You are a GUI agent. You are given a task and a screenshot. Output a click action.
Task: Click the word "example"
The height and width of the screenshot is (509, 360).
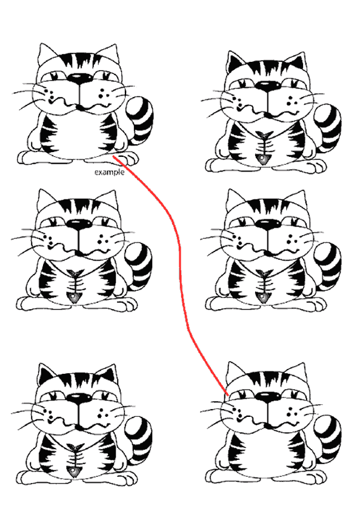pyautogui.click(x=110, y=172)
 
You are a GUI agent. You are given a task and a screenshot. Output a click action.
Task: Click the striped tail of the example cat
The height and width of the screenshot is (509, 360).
pyautogui.click(x=139, y=120)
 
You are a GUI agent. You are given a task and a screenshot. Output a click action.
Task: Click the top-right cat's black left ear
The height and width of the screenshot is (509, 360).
pyautogui.click(x=235, y=62)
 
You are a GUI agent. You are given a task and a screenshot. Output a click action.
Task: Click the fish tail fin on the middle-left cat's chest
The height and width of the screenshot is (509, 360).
pyautogui.click(x=75, y=273)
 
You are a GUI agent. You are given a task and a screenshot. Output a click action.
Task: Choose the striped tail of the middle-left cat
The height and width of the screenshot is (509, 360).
pyautogui.click(x=138, y=266)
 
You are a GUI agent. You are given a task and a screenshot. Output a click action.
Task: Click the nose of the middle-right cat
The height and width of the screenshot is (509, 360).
pyautogui.click(x=268, y=224)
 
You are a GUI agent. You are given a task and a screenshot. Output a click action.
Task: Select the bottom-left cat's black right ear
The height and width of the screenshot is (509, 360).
pyautogui.click(x=108, y=376)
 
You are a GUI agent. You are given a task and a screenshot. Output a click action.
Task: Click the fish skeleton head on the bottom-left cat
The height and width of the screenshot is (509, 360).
pyautogui.click(x=73, y=471)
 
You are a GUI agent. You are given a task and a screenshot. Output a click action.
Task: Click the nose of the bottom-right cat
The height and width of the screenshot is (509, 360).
pyautogui.click(x=268, y=397)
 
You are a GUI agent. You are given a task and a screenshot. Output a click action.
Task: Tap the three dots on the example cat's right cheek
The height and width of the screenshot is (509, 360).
pyautogui.click(x=102, y=93)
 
